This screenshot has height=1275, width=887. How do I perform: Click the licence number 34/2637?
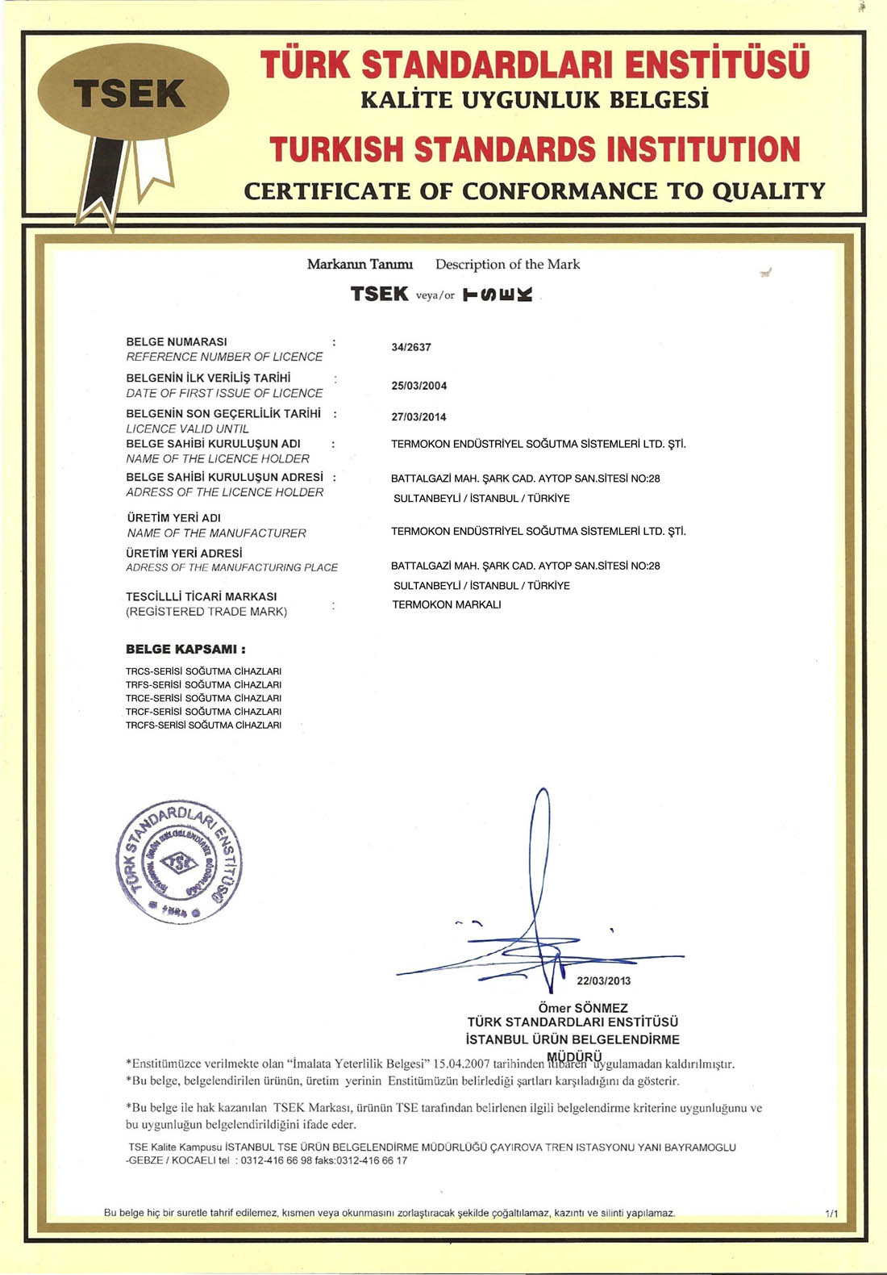click(411, 347)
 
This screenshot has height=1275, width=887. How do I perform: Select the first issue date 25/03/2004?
click(419, 386)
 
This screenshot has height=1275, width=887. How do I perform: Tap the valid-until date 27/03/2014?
click(419, 417)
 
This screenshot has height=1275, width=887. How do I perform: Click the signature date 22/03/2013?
click(604, 981)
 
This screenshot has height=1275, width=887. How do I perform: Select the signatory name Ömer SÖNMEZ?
click(582, 1008)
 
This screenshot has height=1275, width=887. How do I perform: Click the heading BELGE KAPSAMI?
click(185, 649)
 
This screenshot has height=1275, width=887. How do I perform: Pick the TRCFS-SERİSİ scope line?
click(203, 725)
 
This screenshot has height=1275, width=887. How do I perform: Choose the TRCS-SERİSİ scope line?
click(203, 671)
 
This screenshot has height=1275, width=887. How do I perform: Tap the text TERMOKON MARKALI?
click(447, 604)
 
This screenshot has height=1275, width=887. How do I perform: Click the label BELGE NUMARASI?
click(177, 342)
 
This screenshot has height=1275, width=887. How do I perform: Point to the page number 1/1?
click(831, 1214)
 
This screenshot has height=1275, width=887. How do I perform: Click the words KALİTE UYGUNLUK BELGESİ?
click(535, 100)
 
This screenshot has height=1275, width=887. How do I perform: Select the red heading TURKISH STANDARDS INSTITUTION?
click(535, 149)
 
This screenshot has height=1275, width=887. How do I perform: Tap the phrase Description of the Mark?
click(507, 265)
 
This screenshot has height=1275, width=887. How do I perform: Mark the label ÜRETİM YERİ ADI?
click(174, 518)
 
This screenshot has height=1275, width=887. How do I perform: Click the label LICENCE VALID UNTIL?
click(187, 428)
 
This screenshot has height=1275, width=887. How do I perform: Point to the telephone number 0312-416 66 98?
click(277, 1160)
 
